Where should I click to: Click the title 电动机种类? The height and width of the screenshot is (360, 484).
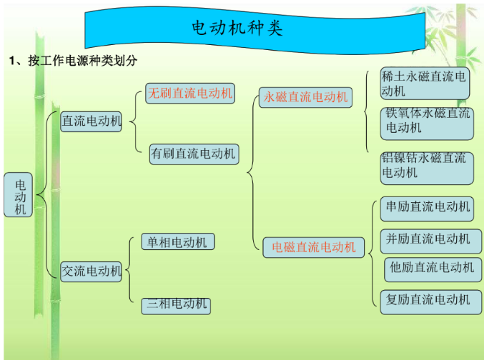(237, 28)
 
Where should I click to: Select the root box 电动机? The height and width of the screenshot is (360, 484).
(19, 194)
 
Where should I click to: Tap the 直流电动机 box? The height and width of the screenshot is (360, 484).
(91, 121)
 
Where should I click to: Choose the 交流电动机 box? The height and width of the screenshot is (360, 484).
(91, 271)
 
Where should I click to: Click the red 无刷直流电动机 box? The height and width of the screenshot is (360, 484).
(190, 93)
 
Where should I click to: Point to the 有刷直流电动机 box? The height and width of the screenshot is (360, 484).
(192, 154)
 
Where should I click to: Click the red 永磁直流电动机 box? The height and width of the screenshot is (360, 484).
(305, 96)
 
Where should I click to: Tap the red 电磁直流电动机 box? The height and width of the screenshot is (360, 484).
(313, 247)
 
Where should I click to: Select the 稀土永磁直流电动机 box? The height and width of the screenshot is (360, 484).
(425, 84)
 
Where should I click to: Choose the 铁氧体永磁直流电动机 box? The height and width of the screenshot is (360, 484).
(428, 121)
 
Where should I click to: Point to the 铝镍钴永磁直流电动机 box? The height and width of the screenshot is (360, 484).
(426, 166)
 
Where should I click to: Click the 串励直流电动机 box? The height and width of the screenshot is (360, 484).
(428, 207)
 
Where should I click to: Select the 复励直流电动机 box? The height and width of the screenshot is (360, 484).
(428, 299)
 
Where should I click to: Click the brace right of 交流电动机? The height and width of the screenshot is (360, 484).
(130, 270)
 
